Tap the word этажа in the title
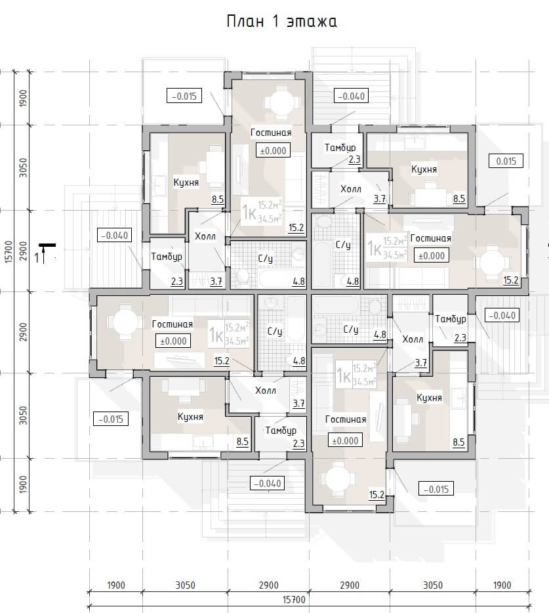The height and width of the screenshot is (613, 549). point(312,22)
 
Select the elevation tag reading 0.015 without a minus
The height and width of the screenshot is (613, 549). point(506,161)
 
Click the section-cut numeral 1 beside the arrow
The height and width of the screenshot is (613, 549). point(37,258)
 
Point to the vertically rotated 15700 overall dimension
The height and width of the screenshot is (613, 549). point(9,252)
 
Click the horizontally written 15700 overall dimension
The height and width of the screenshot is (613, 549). point(294,599)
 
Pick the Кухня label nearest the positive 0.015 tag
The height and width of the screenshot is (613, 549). point(424,169)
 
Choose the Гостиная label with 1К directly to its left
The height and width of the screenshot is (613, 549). point(430,238)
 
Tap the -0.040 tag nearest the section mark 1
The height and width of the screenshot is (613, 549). point(114,236)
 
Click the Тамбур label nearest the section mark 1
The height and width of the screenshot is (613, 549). point(167,257)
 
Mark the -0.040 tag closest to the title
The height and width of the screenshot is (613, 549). point(352,96)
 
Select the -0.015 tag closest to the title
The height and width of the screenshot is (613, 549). point(184,96)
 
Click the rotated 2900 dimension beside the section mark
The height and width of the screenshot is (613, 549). point(24,251)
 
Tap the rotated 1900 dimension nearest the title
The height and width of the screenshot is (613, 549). point(24,98)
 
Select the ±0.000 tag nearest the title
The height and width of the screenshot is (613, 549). point(273,150)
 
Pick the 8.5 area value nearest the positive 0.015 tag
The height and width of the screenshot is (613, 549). point(458,199)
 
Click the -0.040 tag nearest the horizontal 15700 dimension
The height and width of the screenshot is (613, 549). point(267,484)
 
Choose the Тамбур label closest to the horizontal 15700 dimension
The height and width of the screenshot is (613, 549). point(281,431)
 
